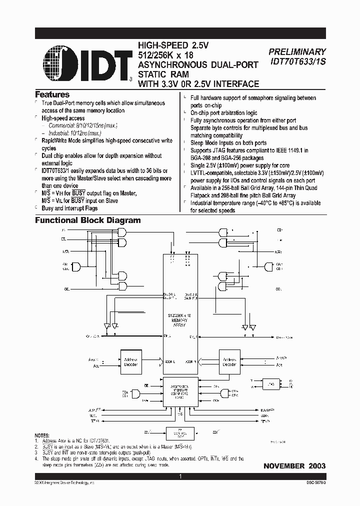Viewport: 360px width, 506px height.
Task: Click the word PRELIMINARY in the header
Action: point(297,51)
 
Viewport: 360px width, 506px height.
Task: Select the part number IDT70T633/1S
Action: point(297,61)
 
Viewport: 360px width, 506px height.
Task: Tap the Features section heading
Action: point(52,94)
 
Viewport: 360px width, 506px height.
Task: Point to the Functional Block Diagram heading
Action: point(87,220)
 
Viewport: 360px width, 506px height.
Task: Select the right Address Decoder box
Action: point(229,362)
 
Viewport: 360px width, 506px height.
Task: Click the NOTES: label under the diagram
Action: point(42,436)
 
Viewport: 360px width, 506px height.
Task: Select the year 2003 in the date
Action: point(316,466)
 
